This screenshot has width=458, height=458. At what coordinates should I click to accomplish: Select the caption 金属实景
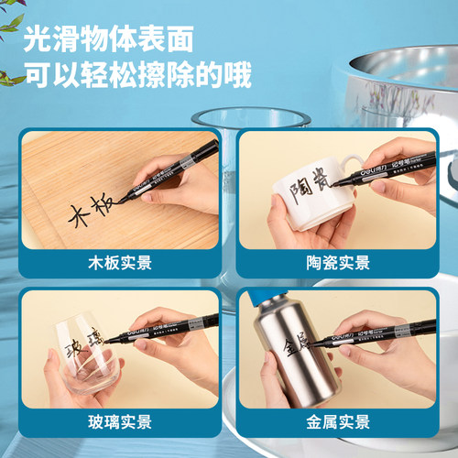coord(338,422)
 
